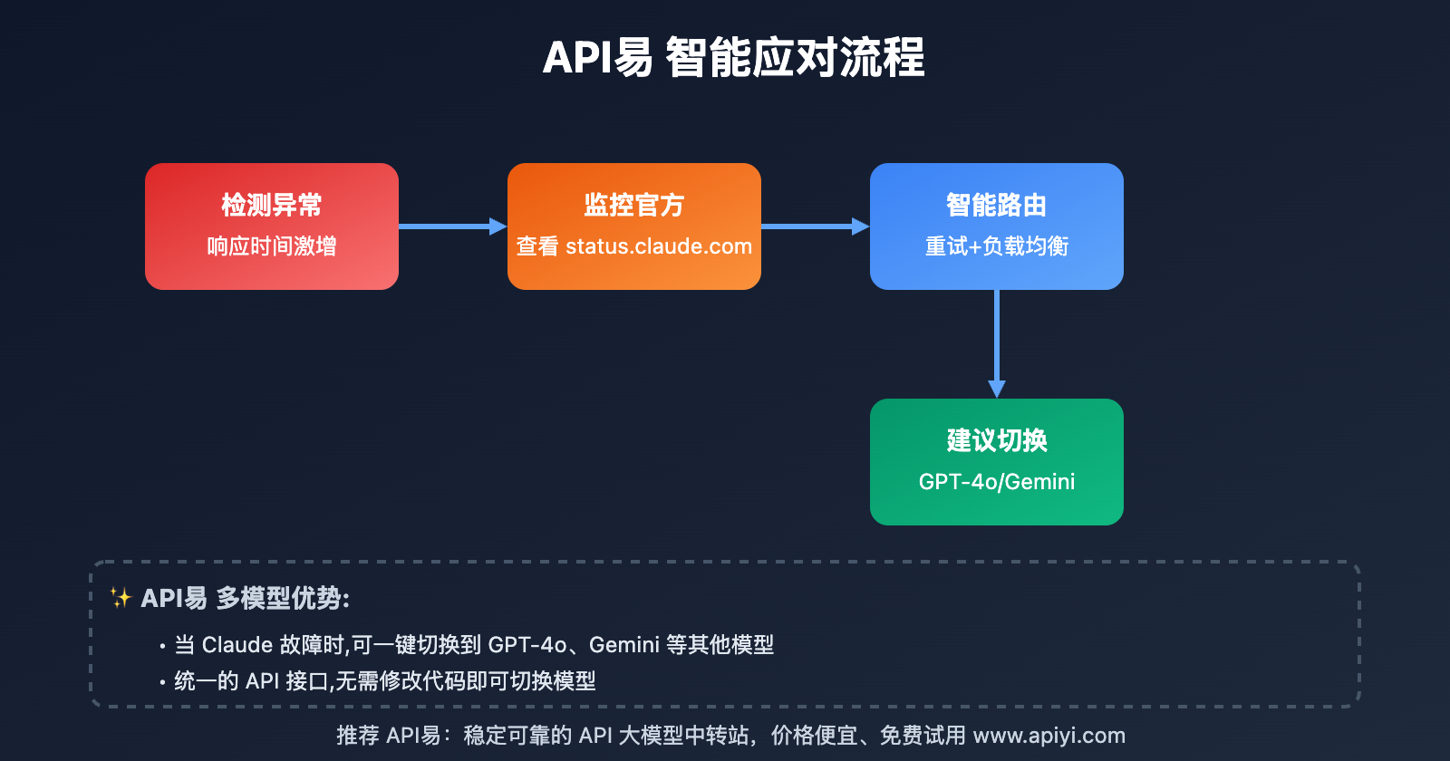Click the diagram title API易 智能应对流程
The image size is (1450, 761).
tap(733, 58)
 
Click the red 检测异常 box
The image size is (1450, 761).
tap(272, 226)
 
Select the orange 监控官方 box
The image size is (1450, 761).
tap(634, 226)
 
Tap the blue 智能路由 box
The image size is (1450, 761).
tap(997, 226)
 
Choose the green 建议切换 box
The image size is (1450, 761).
tap(997, 462)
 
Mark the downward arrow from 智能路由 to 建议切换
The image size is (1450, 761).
tap(997, 344)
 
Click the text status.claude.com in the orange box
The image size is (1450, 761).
tap(659, 246)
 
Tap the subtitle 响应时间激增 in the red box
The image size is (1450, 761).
tap(272, 246)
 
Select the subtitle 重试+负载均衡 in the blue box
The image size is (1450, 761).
tap(997, 246)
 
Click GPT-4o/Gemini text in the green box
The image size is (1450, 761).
tap(997, 482)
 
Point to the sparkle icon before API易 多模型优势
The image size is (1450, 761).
tap(121, 597)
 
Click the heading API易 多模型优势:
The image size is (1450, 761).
tap(245, 598)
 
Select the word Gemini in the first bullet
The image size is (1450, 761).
tap(624, 645)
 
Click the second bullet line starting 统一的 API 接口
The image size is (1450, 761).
tap(384, 681)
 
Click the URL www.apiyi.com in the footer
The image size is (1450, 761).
tap(1049, 736)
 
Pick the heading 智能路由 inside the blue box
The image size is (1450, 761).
tap(997, 206)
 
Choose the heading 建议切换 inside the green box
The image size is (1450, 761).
tap(997, 441)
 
